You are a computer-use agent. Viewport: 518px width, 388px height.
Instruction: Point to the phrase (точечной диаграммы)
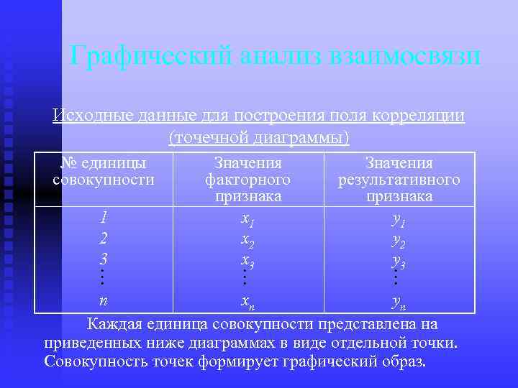coord(258,137)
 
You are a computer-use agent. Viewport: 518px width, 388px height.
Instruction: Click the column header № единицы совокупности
coord(104,171)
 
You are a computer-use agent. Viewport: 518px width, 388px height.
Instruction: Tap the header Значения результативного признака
coord(399,179)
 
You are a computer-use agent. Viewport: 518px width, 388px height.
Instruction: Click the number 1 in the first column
coord(104,216)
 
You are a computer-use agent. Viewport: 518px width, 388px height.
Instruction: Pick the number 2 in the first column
coord(104,237)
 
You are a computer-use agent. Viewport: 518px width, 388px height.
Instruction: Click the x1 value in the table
coord(247,218)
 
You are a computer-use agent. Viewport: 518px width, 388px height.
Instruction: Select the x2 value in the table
coord(247,239)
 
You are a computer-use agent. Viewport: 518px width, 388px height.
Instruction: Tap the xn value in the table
coord(247,300)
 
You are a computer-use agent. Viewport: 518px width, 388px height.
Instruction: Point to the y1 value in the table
coord(399,218)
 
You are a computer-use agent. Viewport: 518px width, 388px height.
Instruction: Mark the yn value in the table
coord(399,300)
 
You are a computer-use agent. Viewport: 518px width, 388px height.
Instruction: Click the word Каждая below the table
coord(115,323)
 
